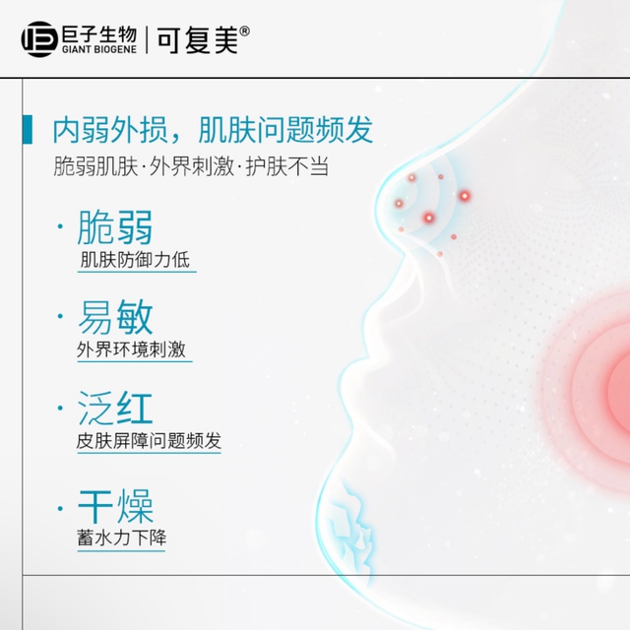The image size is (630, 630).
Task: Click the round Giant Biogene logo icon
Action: click(x=39, y=39)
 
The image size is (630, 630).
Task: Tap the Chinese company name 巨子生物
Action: click(x=99, y=34)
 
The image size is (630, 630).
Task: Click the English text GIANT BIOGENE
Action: click(x=99, y=49)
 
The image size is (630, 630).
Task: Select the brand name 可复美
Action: click(x=198, y=40)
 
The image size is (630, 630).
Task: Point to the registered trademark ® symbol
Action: click(x=244, y=31)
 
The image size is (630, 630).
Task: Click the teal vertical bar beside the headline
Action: click(x=28, y=129)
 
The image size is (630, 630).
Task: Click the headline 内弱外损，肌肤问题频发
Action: click(x=213, y=130)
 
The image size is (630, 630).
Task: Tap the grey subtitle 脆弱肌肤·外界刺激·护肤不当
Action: click(x=191, y=166)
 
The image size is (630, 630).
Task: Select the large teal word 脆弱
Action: click(x=115, y=227)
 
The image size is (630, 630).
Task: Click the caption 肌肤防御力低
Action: click(x=135, y=259)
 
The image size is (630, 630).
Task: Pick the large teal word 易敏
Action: click(x=115, y=317)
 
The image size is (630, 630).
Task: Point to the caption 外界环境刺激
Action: click(x=131, y=349)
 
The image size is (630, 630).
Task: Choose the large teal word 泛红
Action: click(x=115, y=409)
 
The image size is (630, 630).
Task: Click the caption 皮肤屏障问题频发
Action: click(x=149, y=441)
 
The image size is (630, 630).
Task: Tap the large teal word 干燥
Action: click(x=115, y=506)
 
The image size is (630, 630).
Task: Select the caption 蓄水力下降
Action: click(x=121, y=537)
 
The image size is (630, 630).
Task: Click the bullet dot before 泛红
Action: click(x=60, y=409)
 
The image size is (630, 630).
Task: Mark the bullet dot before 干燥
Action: click(x=60, y=509)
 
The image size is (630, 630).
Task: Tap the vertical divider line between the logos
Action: click(x=147, y=39)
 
